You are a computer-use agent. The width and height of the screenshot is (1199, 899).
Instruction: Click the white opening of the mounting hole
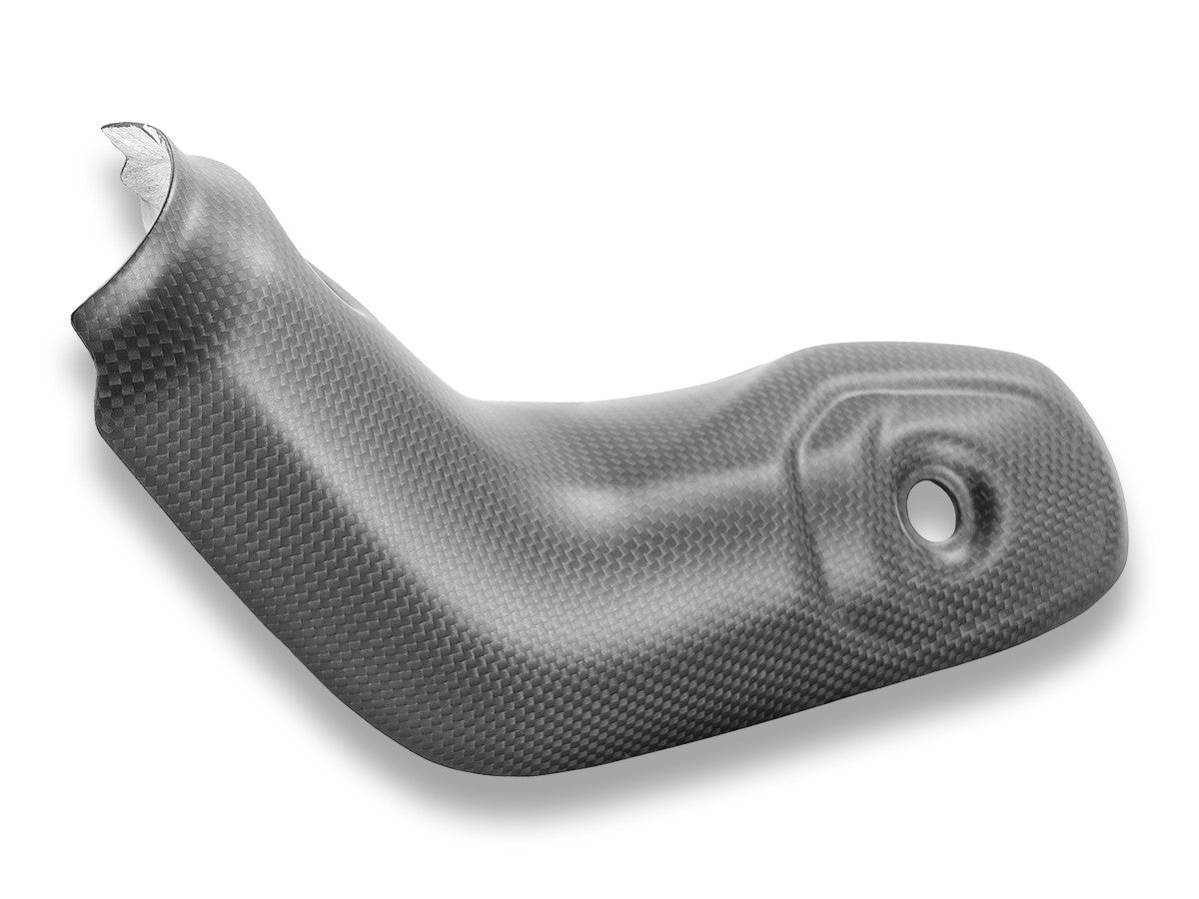tap(934, 507)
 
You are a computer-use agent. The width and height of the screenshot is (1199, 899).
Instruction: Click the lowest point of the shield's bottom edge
tap(639, 775)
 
